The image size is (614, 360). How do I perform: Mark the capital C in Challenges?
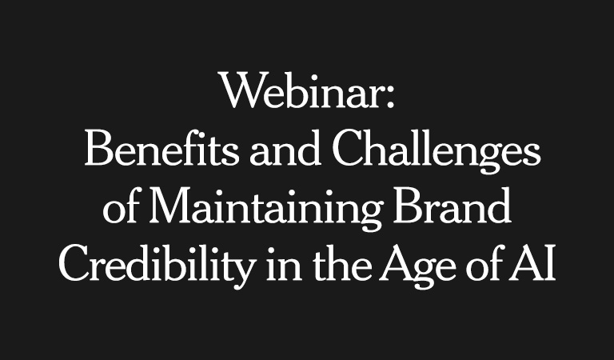(x=346, y=151)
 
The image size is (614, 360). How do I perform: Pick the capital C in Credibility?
(x=76, y=266)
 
